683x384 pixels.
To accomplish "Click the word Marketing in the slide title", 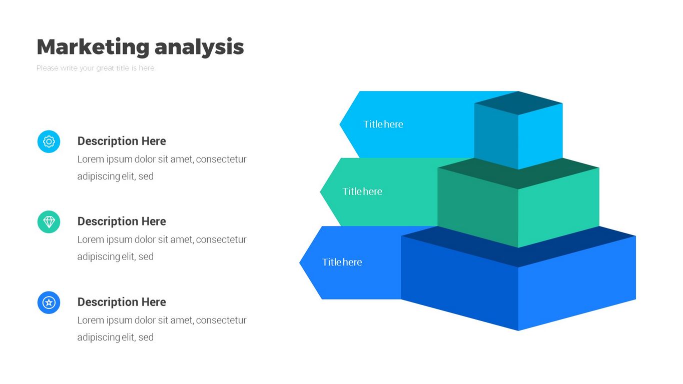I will pos(93,47).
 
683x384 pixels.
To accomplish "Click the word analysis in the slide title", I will pos(199,47).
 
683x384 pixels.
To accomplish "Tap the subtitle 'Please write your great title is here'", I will pos(95,68).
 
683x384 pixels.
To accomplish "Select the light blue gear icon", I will pos(49,141).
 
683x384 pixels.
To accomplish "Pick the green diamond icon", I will pos(49,221).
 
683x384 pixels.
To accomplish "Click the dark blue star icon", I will pos(49,302).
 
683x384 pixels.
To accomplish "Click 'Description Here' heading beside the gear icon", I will pos(122,141).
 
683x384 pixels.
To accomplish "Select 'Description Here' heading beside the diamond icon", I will pos(122,221).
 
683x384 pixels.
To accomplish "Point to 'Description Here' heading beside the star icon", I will pos(122,302).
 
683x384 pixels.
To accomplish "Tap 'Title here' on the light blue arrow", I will pos(383,124).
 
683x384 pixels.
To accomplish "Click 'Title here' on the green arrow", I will pos(362,191).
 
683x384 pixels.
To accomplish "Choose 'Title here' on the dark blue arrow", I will pos(342,262).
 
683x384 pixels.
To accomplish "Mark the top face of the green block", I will pos(518,172).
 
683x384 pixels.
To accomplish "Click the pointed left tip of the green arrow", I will pos(323,191).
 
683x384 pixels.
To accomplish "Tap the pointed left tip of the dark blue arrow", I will pos(302,262).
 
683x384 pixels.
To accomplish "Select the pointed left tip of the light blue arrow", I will pos(342,124).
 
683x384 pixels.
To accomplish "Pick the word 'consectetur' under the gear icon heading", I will pos(221,159).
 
